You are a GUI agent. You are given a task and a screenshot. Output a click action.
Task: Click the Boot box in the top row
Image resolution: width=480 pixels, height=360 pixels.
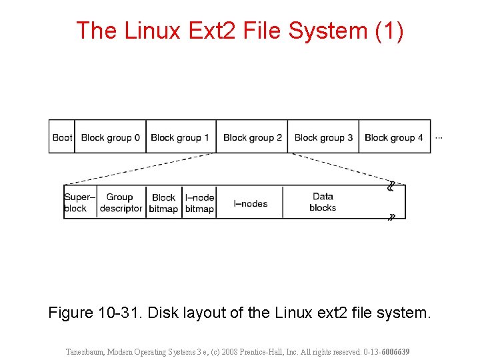61,137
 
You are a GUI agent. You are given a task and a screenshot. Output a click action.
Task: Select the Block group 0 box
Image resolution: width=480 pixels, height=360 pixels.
110,137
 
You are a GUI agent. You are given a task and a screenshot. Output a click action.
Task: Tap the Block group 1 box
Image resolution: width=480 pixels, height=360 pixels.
180,137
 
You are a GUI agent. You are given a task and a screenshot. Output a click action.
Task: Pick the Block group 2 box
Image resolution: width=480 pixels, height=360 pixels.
252,137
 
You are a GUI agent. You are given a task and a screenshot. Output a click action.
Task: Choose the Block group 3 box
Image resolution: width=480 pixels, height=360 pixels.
323,137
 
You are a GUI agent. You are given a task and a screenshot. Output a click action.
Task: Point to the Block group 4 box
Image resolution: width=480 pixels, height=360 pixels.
394,137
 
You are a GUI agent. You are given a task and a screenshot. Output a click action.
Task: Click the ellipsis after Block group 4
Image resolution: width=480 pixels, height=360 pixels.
439,137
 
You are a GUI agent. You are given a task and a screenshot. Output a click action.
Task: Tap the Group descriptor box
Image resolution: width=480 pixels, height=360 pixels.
121,203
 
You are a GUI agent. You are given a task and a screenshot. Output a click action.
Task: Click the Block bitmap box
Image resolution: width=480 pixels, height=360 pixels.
163,203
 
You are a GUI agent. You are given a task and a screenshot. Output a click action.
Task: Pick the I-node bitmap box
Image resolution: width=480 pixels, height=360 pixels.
199,203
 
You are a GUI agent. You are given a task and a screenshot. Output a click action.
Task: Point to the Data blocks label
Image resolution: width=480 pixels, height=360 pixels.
323,202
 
